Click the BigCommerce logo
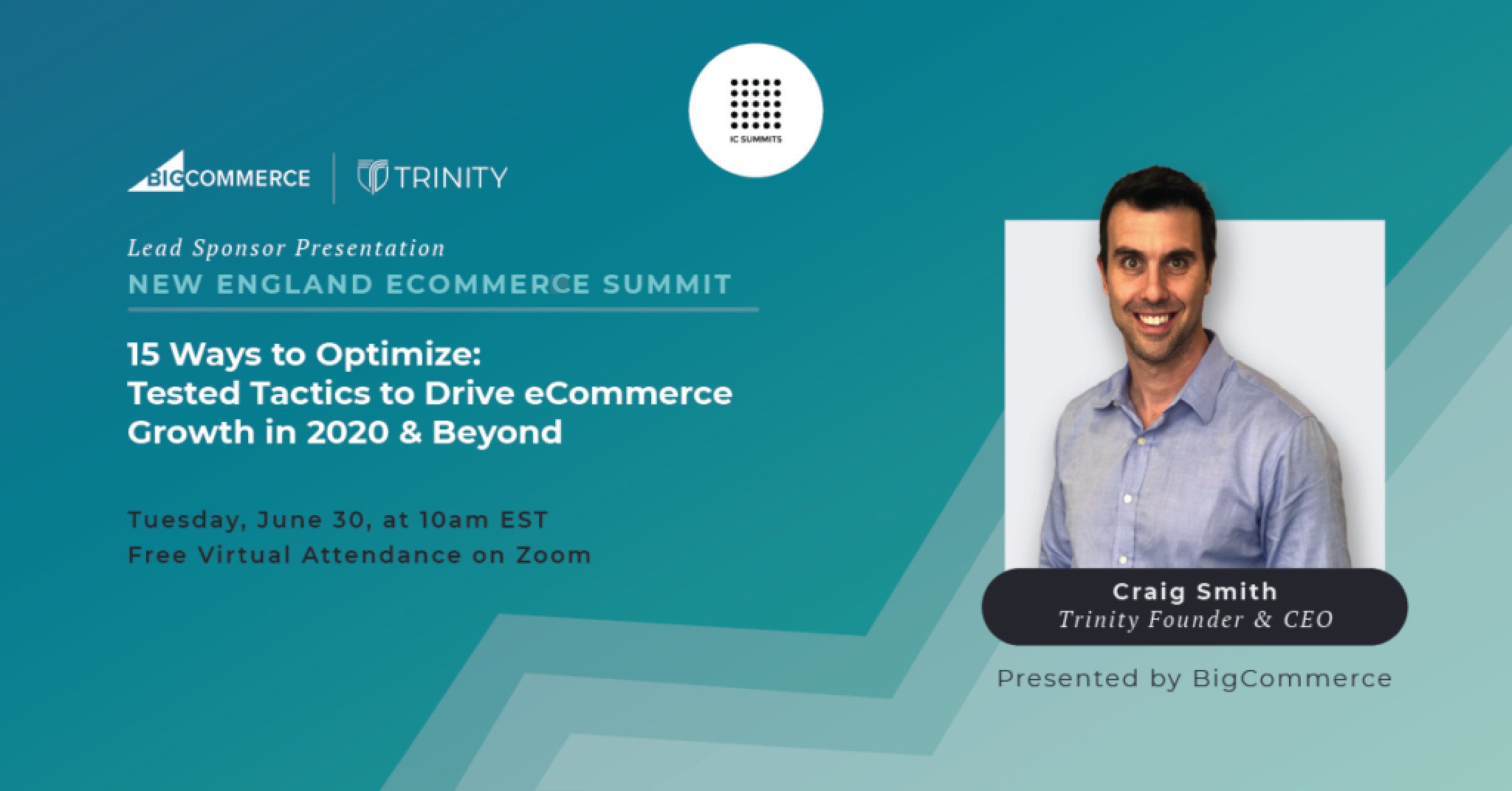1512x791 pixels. pyautogui.click(x=219, y=174)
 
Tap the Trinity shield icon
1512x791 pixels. pyautogui.click(x=372, y=177)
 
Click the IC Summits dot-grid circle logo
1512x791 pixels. pyautogui.click(x=755, y=110)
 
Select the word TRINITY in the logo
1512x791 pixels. pyautogui.click(x=450, y=178)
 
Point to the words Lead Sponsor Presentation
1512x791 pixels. pyautogui.click(x=286, y=249)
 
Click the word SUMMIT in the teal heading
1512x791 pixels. pyautogui.click(x=667, y=285)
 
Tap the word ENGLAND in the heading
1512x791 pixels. pyautogui.click(x=295, y=285)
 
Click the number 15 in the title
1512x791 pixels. pyautogui.click(x=143, y=355)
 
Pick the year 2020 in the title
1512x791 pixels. pyautogui.click(x=347, y=432)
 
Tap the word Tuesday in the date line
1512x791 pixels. pyautogui.click(x=186, y=520)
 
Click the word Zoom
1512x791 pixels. pyautogui.click(x=554, y=555)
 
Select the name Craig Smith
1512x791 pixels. pyautogui.click(x=1195, y=592)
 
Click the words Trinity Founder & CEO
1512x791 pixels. pyautogui.click(x=1195, y=620)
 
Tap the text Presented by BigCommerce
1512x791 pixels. pyautogui.click(x=1194, y=678)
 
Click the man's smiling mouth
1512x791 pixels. pyautogui.click(x=1155, y=319)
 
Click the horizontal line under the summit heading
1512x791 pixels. pyautogui.click(x=443, y=310)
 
